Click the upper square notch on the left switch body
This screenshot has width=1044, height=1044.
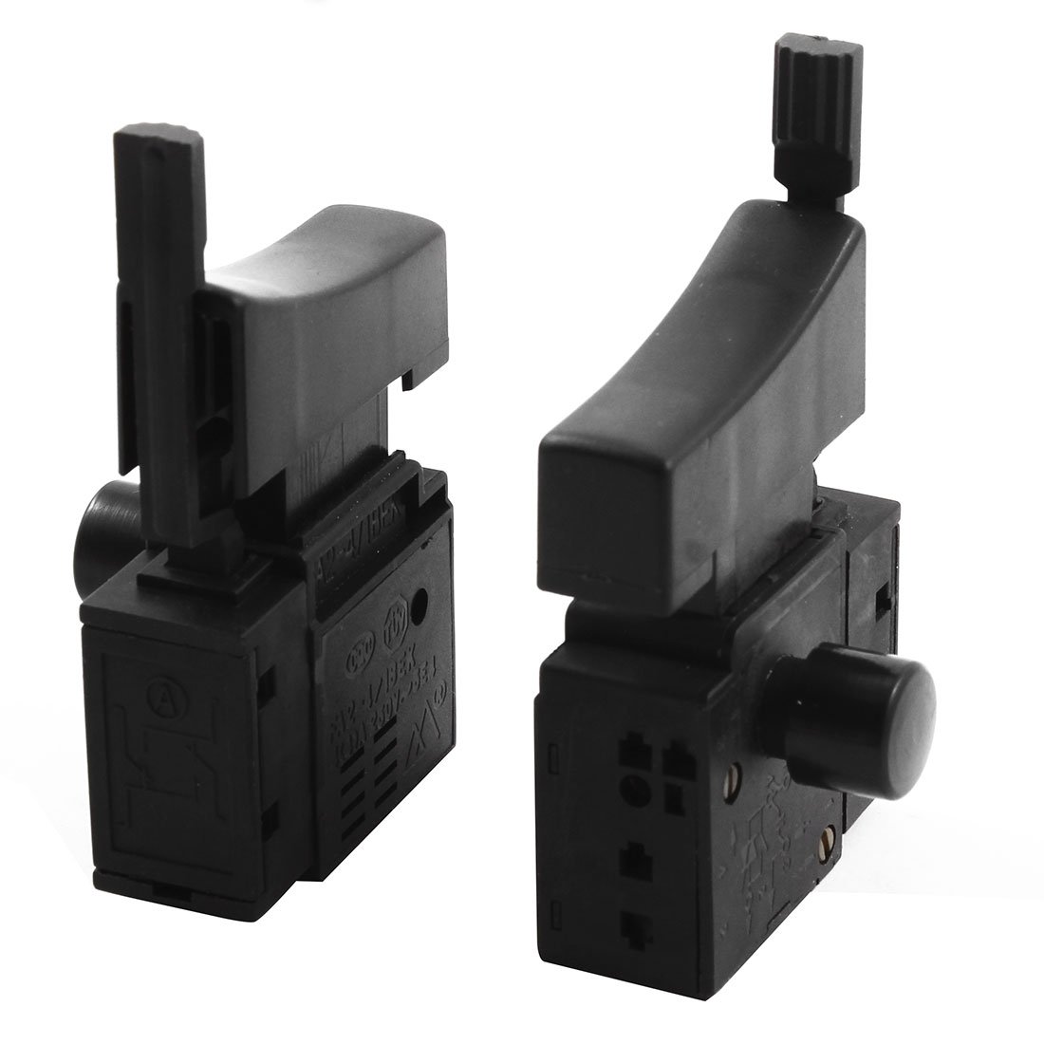tap(267, 680)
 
